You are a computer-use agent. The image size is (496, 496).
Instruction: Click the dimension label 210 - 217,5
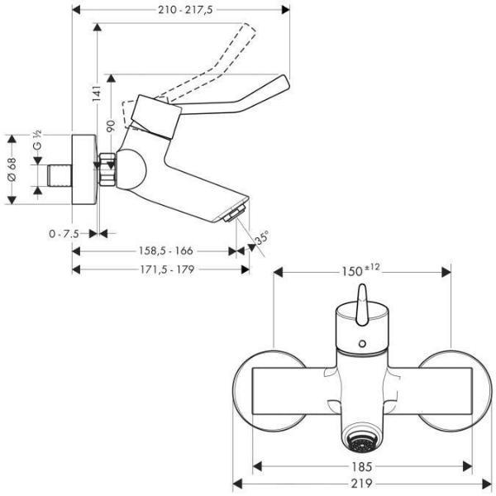(185, 10)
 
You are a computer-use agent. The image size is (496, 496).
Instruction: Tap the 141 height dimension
(97, 93)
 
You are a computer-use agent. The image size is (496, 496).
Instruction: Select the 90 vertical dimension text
(111, 126)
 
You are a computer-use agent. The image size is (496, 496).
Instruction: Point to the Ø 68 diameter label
(12, 169)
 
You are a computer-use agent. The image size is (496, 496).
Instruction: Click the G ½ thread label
(37, 140)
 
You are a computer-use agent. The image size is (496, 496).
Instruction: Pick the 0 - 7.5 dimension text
(64, 234)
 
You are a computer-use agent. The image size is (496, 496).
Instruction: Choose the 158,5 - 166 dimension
(166, 250)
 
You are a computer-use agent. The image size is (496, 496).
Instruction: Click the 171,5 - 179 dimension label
(167, 269)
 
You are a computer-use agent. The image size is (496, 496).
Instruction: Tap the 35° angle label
(262, 237)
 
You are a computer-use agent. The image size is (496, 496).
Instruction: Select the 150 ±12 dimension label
(360, 270)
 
